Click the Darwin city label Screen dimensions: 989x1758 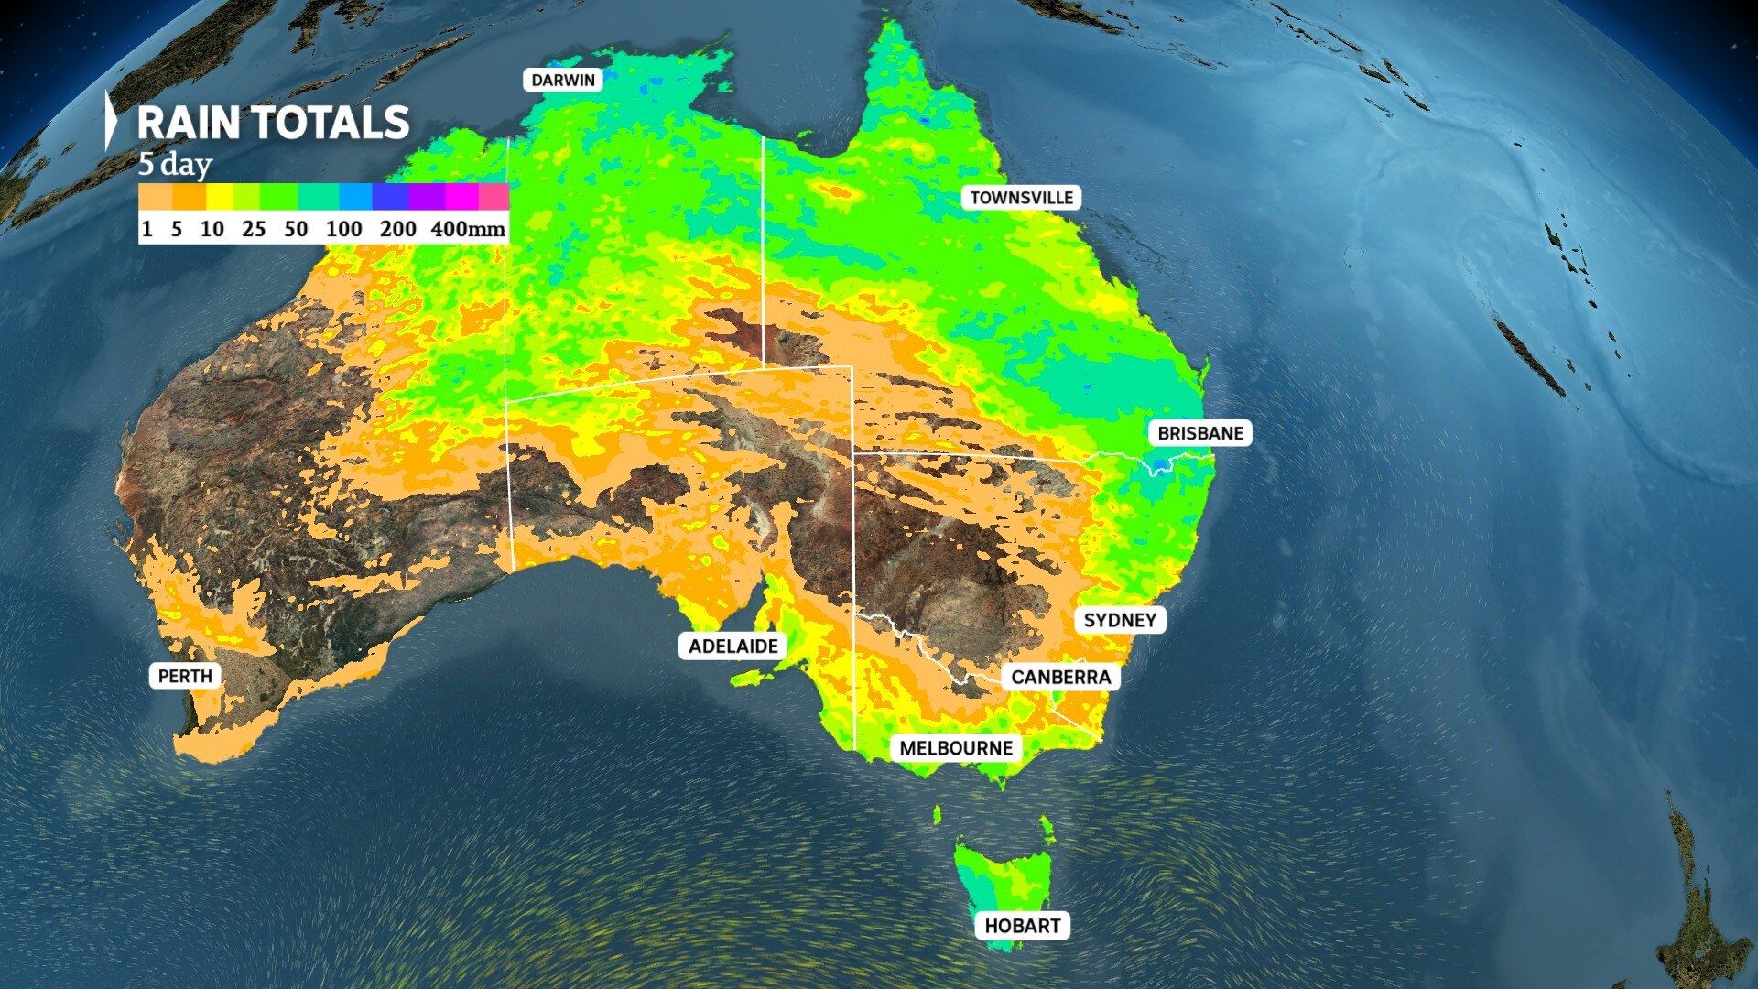[x=563, y=81]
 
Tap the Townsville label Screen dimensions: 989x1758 [x=1021, y=198]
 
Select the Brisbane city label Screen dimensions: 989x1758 [x=1199, y=433]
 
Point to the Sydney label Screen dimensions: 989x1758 [x=1119, y=621]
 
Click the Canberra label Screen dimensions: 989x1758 [x=1060, y=678]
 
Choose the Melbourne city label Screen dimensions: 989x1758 [x=955, y=749]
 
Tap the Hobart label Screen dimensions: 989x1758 [x=1022, y=926]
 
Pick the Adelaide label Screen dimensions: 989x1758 [x=732, y=647]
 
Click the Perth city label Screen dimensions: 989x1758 [x=185, y=677]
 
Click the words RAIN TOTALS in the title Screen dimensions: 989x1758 [x=273, y=124]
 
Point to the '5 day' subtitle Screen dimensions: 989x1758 [x=175, y=165]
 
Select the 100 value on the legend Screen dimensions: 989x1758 [x=343, y=229]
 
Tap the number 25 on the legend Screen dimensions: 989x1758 [x=254, y=229]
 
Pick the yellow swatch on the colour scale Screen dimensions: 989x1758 [x=220, y=197]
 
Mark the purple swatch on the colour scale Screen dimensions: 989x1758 [x=427, y=197]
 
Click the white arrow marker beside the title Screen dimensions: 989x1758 [x=111, y=120]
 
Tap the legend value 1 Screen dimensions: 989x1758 [x=146, y=229]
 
